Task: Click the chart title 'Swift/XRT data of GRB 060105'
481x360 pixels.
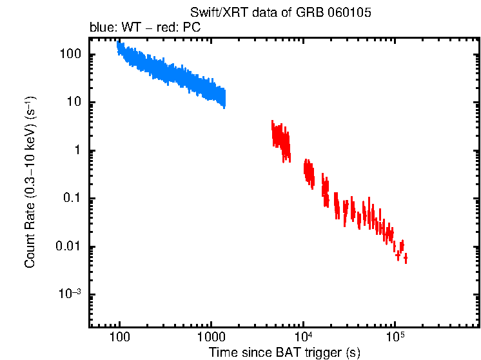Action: click(281, 13)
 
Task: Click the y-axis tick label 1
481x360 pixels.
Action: click(76, 150)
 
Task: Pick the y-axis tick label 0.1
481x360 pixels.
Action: click(70, 199)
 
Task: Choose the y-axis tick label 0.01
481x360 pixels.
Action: click(67, 246)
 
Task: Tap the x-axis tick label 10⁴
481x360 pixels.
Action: click(303, 336)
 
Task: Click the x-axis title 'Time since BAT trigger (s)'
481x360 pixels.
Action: click(284, 352)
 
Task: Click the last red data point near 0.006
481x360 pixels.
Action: click(406, 259)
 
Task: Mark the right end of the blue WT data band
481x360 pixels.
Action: click(224, 98)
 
